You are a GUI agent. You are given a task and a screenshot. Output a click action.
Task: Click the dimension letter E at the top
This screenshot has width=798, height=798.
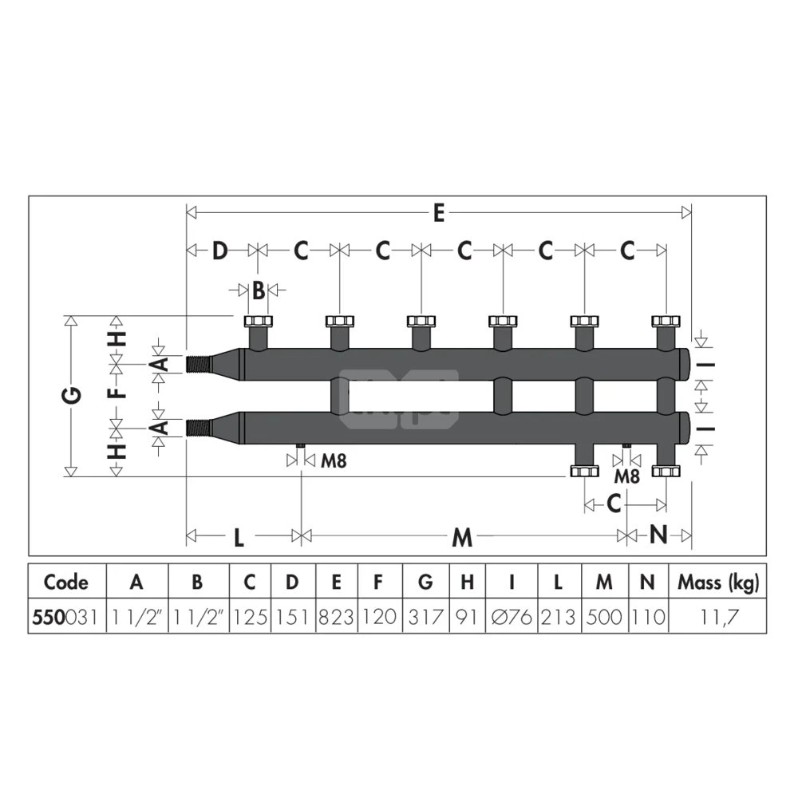pyautogui.click(x=439, y=213)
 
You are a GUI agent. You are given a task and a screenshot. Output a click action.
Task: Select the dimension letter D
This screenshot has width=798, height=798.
pyautogui.click(x=219, y=251)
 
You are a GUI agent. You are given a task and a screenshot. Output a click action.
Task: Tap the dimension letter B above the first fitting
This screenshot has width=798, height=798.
pyautogui.click(x=259, y=290)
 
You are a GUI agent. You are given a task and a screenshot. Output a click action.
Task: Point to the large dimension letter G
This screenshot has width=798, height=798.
pyautogui.click(x=73, y=395)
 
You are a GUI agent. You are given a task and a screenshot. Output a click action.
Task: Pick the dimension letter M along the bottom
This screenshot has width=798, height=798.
pyautogui.click(x=462, y=537)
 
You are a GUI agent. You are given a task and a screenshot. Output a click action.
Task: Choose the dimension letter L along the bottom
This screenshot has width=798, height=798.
pyautogui.click(x=239, y=537)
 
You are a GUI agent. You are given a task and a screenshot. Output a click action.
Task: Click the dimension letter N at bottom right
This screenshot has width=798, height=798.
pyautogui.click(x=658, y=535)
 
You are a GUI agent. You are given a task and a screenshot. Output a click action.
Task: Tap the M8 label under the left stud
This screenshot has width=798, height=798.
pyautogui.click(x=334, y=461)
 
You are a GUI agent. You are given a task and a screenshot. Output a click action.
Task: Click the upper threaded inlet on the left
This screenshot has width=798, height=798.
pyautogui.click(x=199, y=364)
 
